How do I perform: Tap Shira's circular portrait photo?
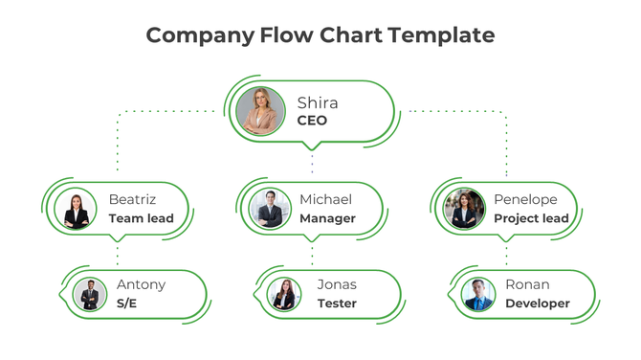pyautogui.click(x=260, y=110)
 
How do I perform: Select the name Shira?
pyautogui.click(x=318, y=102)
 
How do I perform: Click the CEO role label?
pyautogui.click(x=312, y=122)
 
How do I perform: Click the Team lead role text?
pyautogui.click(x=141, y=219)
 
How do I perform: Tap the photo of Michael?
pyautogui.click(x=271, y=209)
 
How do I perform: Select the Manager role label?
pyautogui.click(x=327, y=219)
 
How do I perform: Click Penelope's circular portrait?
pyautogui.click(x=465, y=209)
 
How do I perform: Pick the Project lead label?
pyautogui.click(x=531, y=219)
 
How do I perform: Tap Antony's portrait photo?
pyautogui.click(x=91, y=294)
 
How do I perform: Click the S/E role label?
pyautogui.click(x=127, y=304)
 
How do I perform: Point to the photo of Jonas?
pyautogui.click(x=285, y=294)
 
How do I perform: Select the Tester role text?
pyautogui.click(x=337, y=304)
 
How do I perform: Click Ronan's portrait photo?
pyautogui.click(x=478, y=294)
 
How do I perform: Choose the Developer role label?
pyautogui.click(x=537, y=304)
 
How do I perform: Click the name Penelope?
pyautogui.click(x=525, y=200)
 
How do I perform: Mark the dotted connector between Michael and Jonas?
pyautogui.click(x=312, y=255)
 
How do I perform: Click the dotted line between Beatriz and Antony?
pyautogui.click(x=118, y=255)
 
